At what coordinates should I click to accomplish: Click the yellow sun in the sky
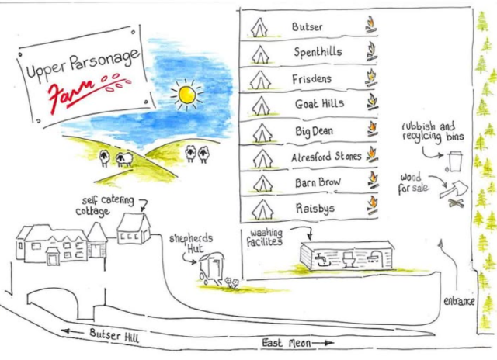pos(186,95)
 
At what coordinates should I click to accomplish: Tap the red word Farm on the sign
pos(71,91)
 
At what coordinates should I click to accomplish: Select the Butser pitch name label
pos(307,26)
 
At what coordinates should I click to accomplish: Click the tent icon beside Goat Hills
pos(261,106)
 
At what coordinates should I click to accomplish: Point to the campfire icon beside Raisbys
pos(373,205)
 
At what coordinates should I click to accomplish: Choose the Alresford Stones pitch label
pos(326,157)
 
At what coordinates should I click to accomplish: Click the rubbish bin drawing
pos(454,162)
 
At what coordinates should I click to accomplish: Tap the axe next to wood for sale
pos(454,189)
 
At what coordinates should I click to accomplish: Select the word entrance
pos(459,301)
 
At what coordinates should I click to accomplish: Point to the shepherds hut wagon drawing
pos(211,268)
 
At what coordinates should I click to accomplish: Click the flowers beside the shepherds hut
pos(231,282)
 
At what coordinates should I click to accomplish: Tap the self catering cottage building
pos(134,228)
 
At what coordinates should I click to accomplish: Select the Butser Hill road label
pos(114,336)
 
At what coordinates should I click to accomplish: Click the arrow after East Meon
pos(323,343)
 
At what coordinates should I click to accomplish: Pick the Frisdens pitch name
pos(311,79)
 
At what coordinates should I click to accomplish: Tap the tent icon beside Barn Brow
pos(262,184)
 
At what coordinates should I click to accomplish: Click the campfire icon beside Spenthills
pos(371,52)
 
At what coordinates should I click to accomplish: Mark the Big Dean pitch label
pos(314,131)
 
